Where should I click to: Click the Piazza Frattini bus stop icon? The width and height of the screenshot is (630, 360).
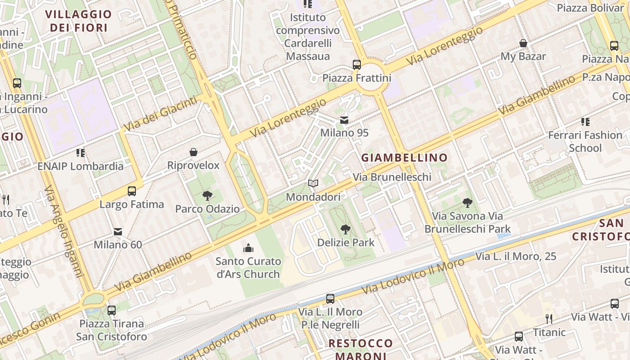(357, 65)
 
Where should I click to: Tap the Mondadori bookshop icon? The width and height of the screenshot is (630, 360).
(313, 184)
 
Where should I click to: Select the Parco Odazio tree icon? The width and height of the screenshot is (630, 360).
(207, 196)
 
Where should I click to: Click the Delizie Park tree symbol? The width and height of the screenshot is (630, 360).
(345, 229)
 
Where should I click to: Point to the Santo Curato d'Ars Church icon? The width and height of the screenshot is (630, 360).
(248, 248)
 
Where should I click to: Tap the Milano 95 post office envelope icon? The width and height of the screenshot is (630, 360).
(344, 120)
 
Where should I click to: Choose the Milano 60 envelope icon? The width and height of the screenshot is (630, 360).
(118, 232)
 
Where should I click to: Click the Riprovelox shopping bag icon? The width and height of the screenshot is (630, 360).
(193, 152)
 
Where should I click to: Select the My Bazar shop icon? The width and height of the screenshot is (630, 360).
(523, 43)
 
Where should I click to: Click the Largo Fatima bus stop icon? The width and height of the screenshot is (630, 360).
(132, 191)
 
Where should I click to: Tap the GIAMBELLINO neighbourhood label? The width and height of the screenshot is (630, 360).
(405, 157)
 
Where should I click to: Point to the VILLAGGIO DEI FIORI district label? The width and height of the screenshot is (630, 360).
(78, 21)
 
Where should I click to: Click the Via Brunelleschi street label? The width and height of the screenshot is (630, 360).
(392, 177)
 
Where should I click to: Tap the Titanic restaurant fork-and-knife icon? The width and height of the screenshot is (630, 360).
(549, 319)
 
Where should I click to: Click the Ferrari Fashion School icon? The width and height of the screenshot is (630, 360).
(585, 121)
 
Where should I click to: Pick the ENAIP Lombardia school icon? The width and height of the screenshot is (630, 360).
(81, 153)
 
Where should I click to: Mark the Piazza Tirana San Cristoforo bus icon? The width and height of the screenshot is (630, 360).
(112, 310)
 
